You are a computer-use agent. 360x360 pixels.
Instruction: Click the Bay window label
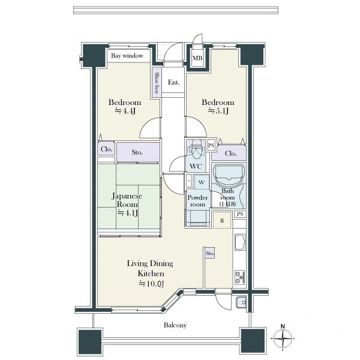pyautogui.click(x=127, y=56)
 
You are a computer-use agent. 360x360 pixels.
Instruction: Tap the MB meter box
pyautogui.click(x=197, y=58)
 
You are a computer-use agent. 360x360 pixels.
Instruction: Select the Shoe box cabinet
pyautogui.click(x=157, y=83)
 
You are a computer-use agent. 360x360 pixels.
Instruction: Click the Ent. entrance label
pyautogui.click(x=173, y=82)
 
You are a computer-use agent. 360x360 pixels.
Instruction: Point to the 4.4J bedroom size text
pyautogui.click(x=125, y=111)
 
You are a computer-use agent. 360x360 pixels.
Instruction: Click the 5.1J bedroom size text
pyautogui.click(x=218, y=111)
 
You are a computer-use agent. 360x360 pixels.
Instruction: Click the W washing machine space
pyautogui.click(x=202, y=182)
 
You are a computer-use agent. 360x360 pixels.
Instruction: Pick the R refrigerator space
pyautogui.click(x=222, y=220)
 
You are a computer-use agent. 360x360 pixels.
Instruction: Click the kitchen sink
pyautogui.click(x=240, y=242)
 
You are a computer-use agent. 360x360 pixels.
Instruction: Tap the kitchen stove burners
pyautogui.click(x=240, y=277)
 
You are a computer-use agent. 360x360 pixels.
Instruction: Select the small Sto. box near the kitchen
pyautogui.click(x=210, y=253)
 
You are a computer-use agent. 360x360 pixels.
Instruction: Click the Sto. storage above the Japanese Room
pyautogui.click(x=138, y=152)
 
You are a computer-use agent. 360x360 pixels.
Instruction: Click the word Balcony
pyautogui.click(x=175, y=325)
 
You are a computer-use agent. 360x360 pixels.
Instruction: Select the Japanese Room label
pyautogui.click(x=127, y=200)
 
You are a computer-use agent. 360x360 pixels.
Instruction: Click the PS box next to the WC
pyautogui.click(x=211, y=145)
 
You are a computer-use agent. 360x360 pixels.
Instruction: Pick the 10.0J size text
pyautogui.click(x=151, y=284)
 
